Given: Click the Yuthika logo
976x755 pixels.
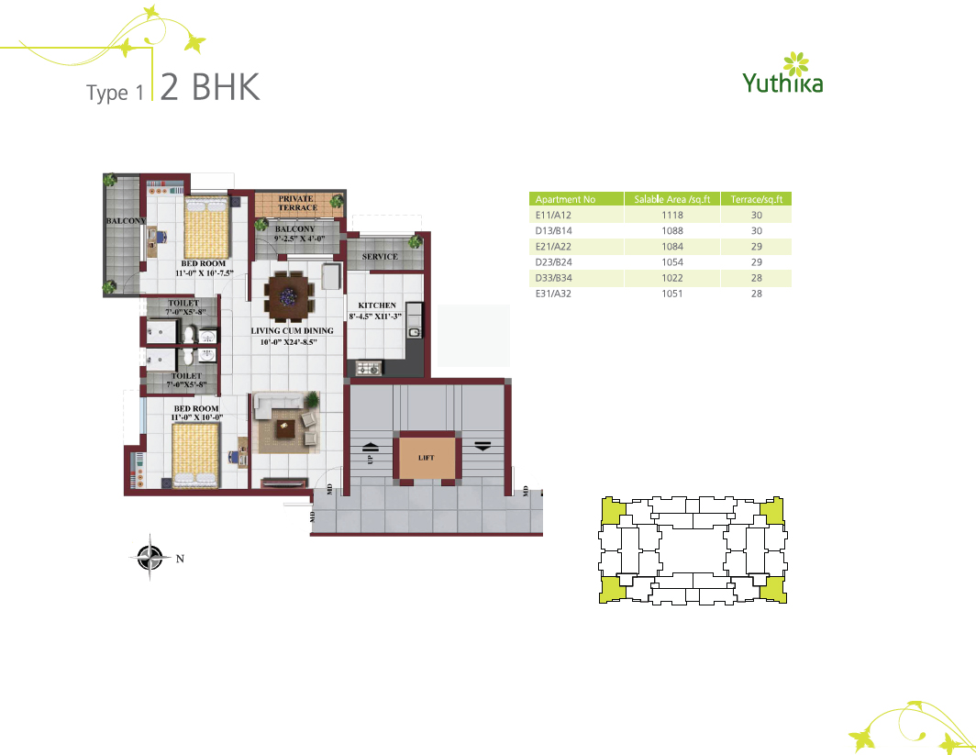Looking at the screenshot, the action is pos(782,73).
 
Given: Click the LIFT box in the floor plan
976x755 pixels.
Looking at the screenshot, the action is pos(427,458).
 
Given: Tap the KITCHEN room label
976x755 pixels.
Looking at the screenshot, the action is pos(377,305).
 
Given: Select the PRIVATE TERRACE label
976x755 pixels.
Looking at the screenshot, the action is pos(297,203).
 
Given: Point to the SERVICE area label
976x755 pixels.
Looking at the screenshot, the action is pos(380,257).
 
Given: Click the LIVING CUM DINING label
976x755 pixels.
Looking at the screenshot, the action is pos(292,330).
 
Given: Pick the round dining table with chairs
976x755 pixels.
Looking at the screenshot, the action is pos(289,295).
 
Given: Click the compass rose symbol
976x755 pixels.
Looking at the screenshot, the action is pos(150,557).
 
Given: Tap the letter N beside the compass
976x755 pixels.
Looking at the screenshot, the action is pos(180,559).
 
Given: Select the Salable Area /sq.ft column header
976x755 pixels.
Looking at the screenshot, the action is pos(672,199).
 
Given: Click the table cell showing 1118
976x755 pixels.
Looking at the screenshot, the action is pos(672,215).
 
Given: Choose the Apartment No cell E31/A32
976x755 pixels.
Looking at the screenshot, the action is pos(553,294).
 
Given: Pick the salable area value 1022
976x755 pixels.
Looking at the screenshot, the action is pos(672,278).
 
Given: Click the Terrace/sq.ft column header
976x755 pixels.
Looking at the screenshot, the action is pos(756,199).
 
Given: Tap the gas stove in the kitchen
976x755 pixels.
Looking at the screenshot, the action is pos(368,369).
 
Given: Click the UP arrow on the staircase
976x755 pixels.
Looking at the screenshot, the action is pos(371,447).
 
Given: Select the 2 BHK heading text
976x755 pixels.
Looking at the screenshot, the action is pos(210,86).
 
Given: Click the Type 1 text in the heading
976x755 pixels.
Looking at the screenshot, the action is pos(116,93).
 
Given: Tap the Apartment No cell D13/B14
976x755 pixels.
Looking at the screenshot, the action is pos(553,230).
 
